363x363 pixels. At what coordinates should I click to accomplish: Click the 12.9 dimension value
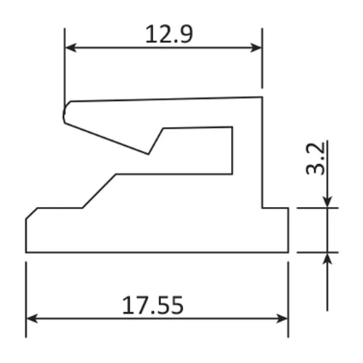[169, 34]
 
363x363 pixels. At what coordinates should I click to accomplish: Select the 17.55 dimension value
[152, 305]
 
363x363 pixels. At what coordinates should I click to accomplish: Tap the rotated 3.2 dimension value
[315, 159]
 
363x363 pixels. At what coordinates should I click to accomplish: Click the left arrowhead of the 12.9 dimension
[70, 48]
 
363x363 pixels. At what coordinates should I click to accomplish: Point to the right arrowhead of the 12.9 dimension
[256, 48]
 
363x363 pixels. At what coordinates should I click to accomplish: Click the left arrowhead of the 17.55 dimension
[32, 319]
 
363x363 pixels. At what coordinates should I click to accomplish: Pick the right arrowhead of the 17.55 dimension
[282, 319]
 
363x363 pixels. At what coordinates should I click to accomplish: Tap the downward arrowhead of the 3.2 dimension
[327, 202]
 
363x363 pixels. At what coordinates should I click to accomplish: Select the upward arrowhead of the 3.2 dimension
[327, 258]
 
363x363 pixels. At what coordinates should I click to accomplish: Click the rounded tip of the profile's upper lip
[64, 113]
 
